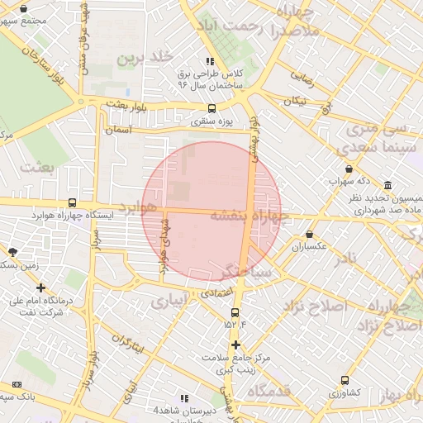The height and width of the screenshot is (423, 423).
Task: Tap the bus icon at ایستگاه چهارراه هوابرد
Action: click(x=73, y=202)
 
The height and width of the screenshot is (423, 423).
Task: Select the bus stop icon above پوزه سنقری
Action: click(x=212, y=108)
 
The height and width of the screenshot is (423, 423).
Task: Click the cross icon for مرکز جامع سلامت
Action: click(x=235, y=345)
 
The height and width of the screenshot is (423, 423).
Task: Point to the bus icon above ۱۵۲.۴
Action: click(x=235, y=312)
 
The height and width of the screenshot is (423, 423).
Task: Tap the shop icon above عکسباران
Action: click(x=309, y=234)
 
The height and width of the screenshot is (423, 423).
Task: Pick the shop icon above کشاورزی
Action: click(x=345, y=381)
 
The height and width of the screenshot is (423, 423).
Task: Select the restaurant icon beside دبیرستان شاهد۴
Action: click(x=184, y=398)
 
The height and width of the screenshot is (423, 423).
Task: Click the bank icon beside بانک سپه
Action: click(x=17, y=384)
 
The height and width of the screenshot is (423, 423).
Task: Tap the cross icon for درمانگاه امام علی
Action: click(x=40, y=288)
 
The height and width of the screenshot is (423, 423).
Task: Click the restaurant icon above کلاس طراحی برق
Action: click(x=211, y=61)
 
